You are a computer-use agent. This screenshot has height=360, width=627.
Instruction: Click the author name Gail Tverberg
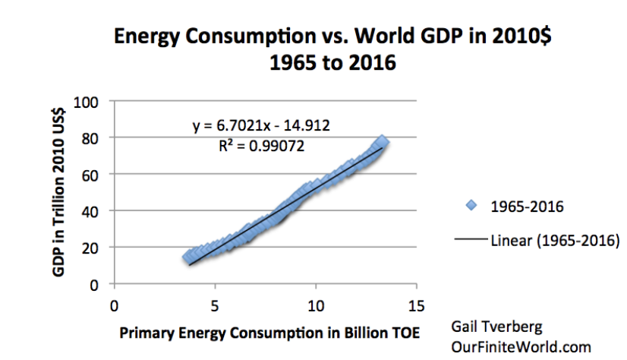click(x=498, y=328)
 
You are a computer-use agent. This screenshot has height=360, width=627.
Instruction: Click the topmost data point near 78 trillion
click(x=383, y=142)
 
